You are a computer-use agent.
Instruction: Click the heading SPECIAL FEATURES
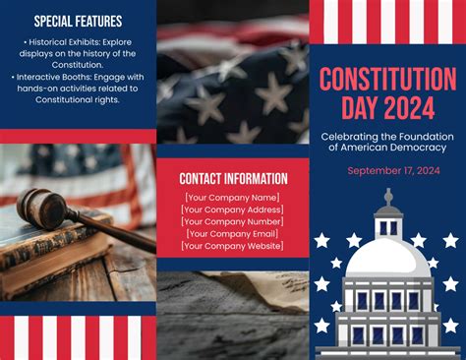pyautogui.click(x=78, y=21)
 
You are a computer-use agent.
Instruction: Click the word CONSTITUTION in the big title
pyautogui.click(x=387, y=78)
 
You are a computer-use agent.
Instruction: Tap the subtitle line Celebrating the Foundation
pyautogui.click(x=387, y=136)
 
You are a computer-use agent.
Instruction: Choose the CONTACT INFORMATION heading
pyautogui.click(x=233, y=179)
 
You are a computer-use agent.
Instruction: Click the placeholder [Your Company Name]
pyautogui.click(x=233, y=198)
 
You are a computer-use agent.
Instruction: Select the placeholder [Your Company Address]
pyautogui.click(x=233, y=210)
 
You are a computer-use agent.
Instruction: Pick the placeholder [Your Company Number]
pyautogui.click(x=233, y=221)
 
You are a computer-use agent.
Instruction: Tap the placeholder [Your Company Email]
pyautogui.click(x=233, y=234)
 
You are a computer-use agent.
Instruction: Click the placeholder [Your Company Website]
pyautogui.click(x=233, y=246)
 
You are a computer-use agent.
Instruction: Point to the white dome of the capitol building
pyautogui.click(x=388, y=258)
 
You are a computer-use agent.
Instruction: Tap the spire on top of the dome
pyautogui.click(x=388, y=198)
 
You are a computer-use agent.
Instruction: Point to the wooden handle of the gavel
pyautogui.click(x=113, y=230)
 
